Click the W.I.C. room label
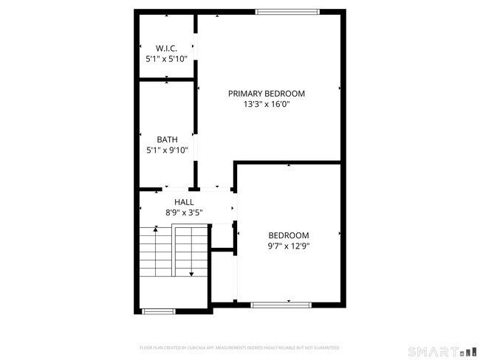(x=166, y=48)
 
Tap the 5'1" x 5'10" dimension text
(x=166, y=58)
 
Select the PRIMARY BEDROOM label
(x=266, y=94)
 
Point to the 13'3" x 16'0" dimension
(x=266, y=105)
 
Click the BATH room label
(x=167, y=139)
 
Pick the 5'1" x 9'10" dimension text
(x=167, y=150)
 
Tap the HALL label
(x=184, y=201)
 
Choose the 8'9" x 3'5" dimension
(x=184, y=212)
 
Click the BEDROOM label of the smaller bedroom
(x=288, y=235)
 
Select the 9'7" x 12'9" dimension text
(x=288, y=246)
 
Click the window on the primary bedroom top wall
(x=287, y=11)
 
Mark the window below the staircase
(x=158, y=311)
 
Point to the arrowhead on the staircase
(x=191, y=274)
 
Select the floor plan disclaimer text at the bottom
(x=240, y=347)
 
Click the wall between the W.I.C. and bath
(x=167, y=78)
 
